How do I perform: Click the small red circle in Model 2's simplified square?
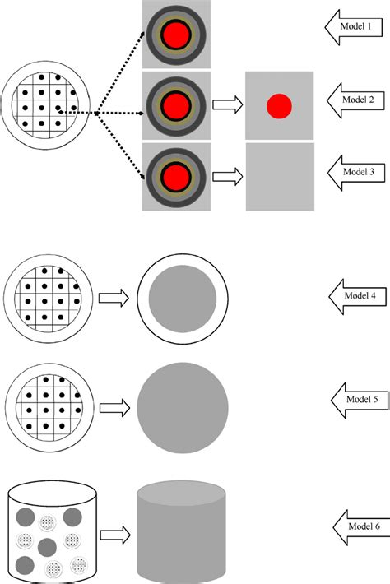click(x=279, y=106)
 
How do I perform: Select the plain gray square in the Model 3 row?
click(x=279, y=177)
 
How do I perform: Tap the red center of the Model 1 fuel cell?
click(x=176, y=35)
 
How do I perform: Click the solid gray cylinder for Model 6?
click(x=181, y=532)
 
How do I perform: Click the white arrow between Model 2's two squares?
click(x=228, y=105)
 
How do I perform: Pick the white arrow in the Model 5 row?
click(x=114, y=406)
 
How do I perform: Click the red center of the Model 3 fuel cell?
click(x=176, y=178)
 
